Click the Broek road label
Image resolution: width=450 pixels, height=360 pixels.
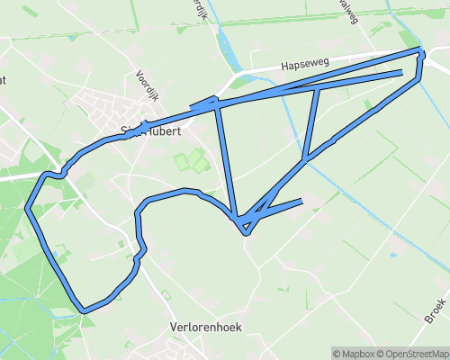click(x=436, y=311)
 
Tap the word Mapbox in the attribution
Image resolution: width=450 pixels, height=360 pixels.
click(x=355, y=353)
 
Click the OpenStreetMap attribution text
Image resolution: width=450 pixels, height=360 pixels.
click(x=412, y=353)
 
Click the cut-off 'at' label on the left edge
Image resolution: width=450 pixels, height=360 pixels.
click(x=3, y=79)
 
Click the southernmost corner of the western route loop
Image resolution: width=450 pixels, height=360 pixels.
click(x=84, y=311)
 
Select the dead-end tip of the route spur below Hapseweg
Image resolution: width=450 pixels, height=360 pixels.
click(x=400, y=71)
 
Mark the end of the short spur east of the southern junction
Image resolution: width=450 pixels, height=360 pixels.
click(x=301, y=200)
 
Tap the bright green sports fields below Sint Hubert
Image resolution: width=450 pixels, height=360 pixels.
click(x=189, y=162)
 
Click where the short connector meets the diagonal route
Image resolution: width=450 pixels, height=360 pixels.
click(x=307, y=157)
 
